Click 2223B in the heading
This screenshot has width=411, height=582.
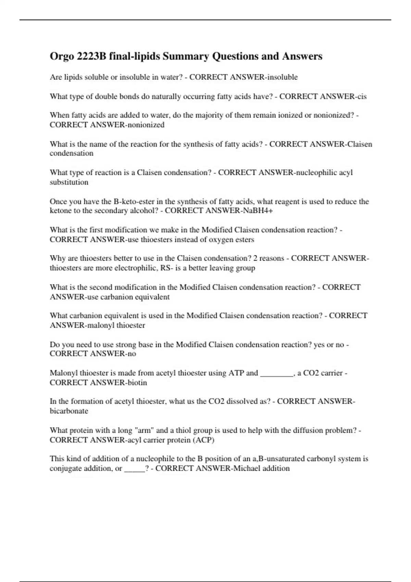click(91, 56)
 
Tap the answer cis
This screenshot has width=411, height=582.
click(362, 97)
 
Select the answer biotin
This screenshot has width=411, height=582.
click(137, 382)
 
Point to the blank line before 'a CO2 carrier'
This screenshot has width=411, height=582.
click(277, 373)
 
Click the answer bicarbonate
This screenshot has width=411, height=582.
click(69, 411)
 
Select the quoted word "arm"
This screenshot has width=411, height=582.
click(144, 430)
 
